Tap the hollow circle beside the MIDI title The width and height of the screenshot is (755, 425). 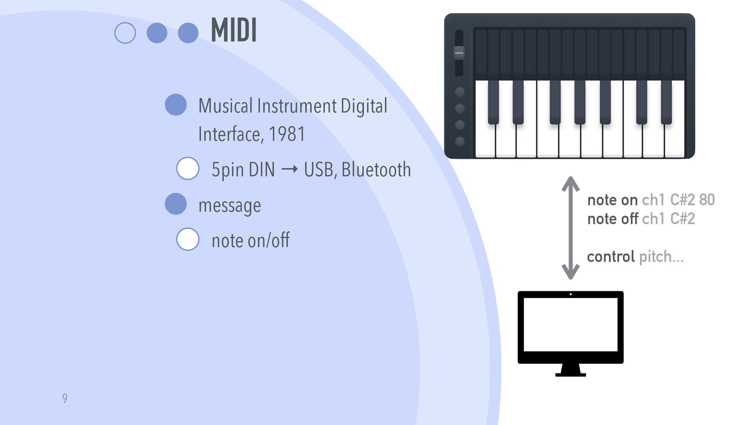tap(125, 33)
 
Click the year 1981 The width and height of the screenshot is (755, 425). tap(287, 134)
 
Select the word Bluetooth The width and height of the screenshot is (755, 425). tap(376, 170)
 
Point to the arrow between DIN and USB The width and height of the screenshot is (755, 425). tap(289, 170)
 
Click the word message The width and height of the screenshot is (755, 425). tap(229, 205)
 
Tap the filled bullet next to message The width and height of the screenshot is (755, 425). tap(175, 204)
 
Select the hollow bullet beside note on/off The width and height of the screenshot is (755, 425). tap(188, 239)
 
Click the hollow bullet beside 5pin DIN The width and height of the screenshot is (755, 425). tap(188, 168)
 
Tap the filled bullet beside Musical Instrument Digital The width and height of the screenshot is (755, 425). tap(175, 105)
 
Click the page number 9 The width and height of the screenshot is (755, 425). tap(65, 398)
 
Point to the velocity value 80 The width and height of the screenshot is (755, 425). tap(707, 200)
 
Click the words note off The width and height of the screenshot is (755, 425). tap(612, 219)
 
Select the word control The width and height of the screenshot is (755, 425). tap(611, 257)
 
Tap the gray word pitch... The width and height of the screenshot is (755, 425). tap(655, 257)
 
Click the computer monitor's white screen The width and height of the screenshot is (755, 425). tap(570, 325)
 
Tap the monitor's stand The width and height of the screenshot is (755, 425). tap(570, 370)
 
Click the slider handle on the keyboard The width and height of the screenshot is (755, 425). tap(459, 53)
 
